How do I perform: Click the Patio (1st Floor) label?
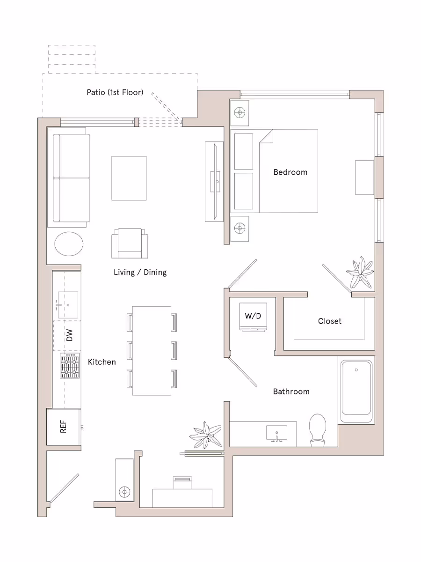115,92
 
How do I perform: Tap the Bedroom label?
290,172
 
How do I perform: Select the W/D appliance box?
253,317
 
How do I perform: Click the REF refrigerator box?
63,427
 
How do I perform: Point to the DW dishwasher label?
69,335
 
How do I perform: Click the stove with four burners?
69,365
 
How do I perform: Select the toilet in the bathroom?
318,429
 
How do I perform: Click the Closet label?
329,321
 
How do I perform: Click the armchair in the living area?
130,243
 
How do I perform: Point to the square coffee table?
129,178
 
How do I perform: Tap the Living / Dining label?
140,272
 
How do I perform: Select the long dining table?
152,350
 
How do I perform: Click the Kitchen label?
102,362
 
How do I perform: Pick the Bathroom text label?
291,392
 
